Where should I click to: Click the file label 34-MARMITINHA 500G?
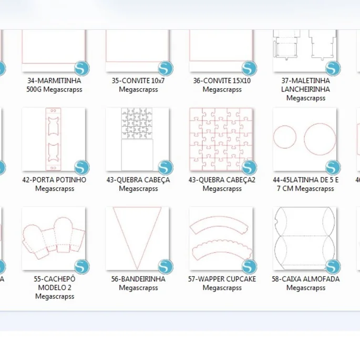tap(54, 85)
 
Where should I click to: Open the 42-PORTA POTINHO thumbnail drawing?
tap(53, 139)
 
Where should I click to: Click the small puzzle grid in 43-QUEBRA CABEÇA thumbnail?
tap(137, 124)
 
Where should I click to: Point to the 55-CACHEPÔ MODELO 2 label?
tap(55, 287)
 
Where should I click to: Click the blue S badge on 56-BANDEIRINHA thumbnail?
tap(166, 266)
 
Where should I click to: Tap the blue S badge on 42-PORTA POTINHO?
tap(82, 167)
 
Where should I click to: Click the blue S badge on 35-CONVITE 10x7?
tap(166, 68)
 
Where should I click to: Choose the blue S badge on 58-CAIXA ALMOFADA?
tap(333, 266)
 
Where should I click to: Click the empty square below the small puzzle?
tap(137, 155)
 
